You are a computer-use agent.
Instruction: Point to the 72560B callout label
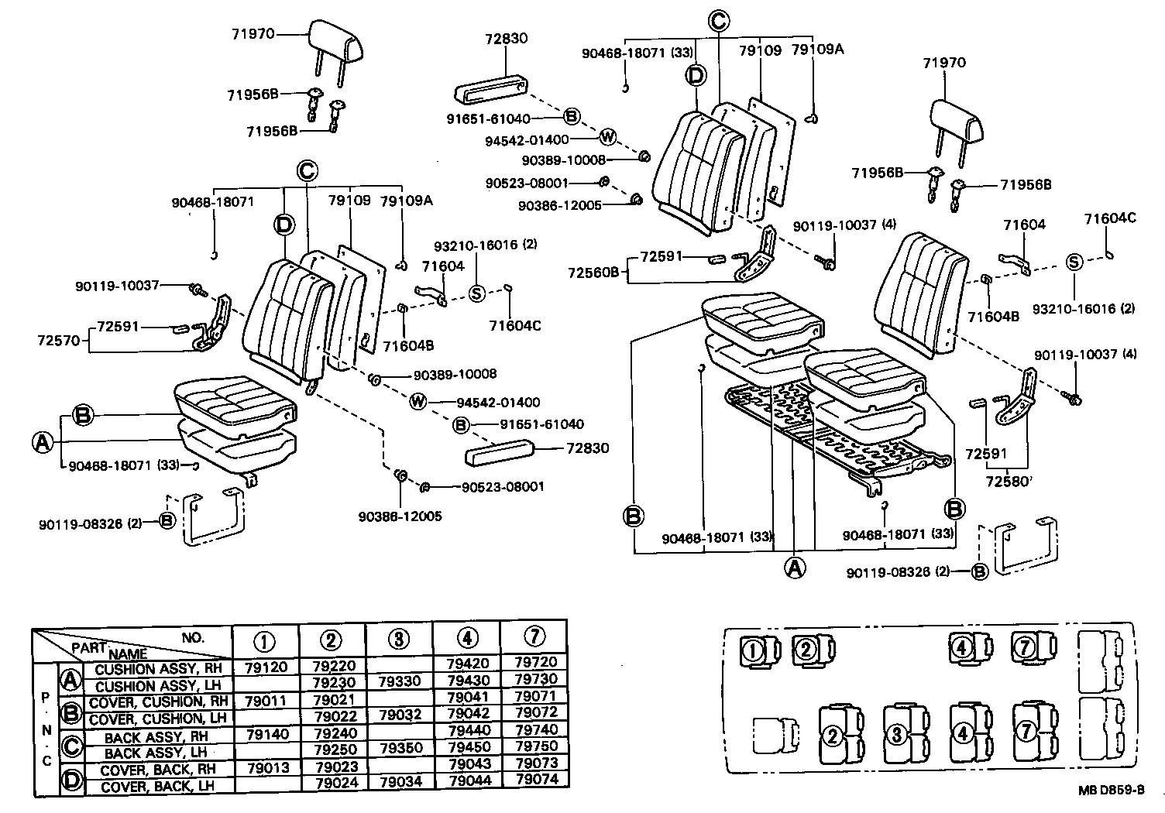tap(593, 272)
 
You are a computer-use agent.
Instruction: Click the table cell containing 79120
tap(266, 667)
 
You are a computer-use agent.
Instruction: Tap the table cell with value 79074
tap(535, 780)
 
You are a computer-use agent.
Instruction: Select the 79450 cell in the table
tap(468, 747)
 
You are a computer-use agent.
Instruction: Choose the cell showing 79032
tap(399, 715)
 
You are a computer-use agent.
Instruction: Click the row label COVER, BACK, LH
tap(156, 785)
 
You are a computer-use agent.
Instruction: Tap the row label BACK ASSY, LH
tap(156, 752)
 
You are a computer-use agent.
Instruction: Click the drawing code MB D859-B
tap(1112, 791)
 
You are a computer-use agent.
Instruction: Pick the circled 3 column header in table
tap(399, 639)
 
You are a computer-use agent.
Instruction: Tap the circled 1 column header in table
tap(266, 640)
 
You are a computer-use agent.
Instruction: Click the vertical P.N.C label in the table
tap(46, 729)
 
